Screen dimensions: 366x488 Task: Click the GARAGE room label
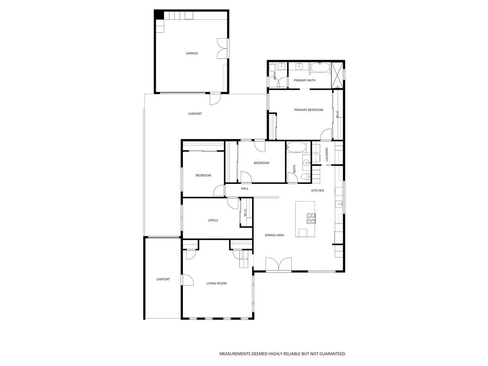(x=192, y=53)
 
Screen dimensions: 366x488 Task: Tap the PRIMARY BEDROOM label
(x=308, y=110)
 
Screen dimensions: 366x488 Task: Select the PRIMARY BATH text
(x=305, y=81)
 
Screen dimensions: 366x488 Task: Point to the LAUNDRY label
(x=327, y=154)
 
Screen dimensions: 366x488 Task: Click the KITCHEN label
(x=317, y=191)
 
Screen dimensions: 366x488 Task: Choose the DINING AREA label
(x=274, y=235)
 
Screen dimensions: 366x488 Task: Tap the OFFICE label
(x=213, y=220)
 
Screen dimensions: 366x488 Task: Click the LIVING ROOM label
(x=216, y=284)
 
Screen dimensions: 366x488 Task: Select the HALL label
(x=244, y=189)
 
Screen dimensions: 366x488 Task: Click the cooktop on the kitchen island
(x=311, y=218)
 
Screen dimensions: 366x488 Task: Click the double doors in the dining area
(x=278, y=264)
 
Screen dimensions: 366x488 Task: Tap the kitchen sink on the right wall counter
(x=339, y=204)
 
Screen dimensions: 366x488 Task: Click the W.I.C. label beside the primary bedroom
(x=337, y=114)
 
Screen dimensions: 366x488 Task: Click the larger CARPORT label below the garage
(x=194, y=114)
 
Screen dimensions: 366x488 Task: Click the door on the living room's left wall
(x=187, y=280)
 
